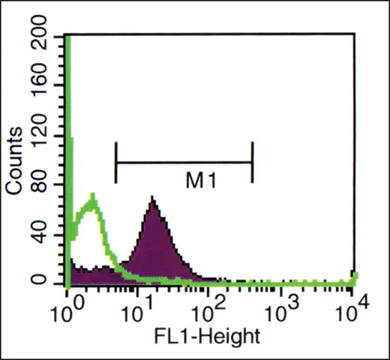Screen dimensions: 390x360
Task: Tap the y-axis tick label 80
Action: coord(39,183)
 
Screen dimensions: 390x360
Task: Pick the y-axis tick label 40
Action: coord(39,232)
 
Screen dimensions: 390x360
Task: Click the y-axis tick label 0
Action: coord(39,279)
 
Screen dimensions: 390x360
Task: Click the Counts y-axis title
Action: coord(14,160)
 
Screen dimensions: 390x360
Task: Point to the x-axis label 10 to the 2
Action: coord(208,310)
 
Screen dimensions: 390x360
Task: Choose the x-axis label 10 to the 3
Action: coord(281,310)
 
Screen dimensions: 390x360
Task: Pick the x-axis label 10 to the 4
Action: coord(352,310)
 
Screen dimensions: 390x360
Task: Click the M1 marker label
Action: coord(201,181)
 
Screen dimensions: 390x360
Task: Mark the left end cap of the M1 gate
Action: coord(115,163)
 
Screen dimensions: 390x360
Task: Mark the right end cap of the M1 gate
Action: coord(253,163)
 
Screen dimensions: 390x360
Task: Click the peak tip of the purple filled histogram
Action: coord(152,196)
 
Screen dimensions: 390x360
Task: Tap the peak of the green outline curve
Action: coord(93,194)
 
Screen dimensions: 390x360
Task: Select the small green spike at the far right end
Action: coord(355,277)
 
